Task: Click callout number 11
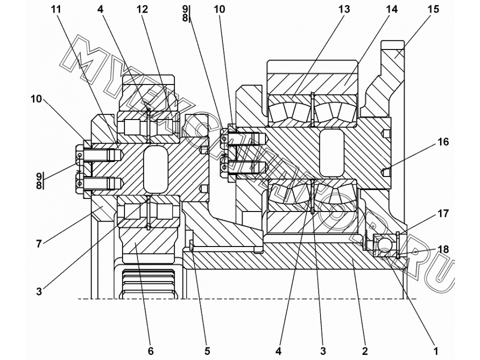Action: click(x=56, y=9)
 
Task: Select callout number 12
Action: click(x=142, y=9)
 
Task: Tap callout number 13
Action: click(x=344, y=9)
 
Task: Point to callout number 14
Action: click(x=391, y=9)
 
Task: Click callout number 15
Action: click(x=433, y=9)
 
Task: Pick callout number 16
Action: click(x=443, y=141)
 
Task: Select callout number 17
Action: click(x=443, y=213)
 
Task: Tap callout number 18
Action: click(x=443, y=249)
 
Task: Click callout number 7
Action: click(x=39, y=244)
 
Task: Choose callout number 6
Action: click(x=150, y=351)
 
